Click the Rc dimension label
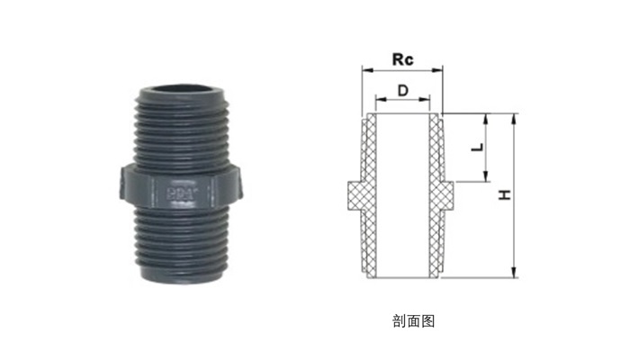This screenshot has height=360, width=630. click(x=402, y=59)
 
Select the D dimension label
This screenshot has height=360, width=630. click(x=402, y=91)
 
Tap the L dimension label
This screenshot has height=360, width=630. click(x=477, y=148)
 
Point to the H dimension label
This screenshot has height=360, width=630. click(x=505, y=195)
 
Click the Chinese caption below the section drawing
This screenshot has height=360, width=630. click(x=413, y=321)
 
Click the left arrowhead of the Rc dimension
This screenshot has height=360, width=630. click(x=367, y=70)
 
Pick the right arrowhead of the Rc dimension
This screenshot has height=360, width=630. click(x=437, y=70)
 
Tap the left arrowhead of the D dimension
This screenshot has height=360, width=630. click(x=380, y=99)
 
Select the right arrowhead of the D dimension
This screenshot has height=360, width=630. click(x=425, y=99)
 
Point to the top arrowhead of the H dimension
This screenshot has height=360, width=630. click(x=514, y=119)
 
